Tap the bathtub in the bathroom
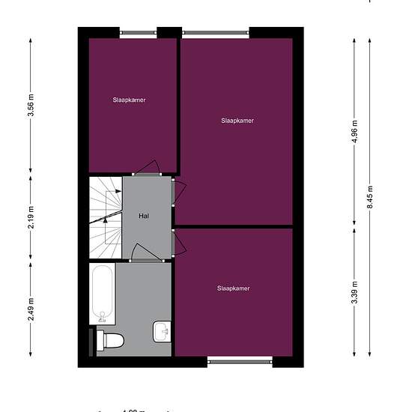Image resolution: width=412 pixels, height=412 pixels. (x=102, y=294)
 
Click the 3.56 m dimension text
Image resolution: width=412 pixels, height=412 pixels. (x=31, y=109)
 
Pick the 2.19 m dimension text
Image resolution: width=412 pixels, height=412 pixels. (x=31, y=217)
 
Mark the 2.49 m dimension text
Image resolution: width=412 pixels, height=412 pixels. (x=31, y=309)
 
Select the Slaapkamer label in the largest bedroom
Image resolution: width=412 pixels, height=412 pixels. (x=237, y=121)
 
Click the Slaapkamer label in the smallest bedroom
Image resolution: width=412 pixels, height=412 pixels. (x=129, y=100)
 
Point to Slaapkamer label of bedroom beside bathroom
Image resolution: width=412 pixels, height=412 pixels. (x=233, y=288)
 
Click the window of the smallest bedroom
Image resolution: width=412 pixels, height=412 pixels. (x=138, y=32)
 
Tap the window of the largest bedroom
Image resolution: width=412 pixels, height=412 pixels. (x=216, y=32)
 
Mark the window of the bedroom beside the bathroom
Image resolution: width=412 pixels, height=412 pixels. (x=240, y=362)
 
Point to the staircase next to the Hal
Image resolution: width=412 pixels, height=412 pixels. (x=105, y=217)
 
